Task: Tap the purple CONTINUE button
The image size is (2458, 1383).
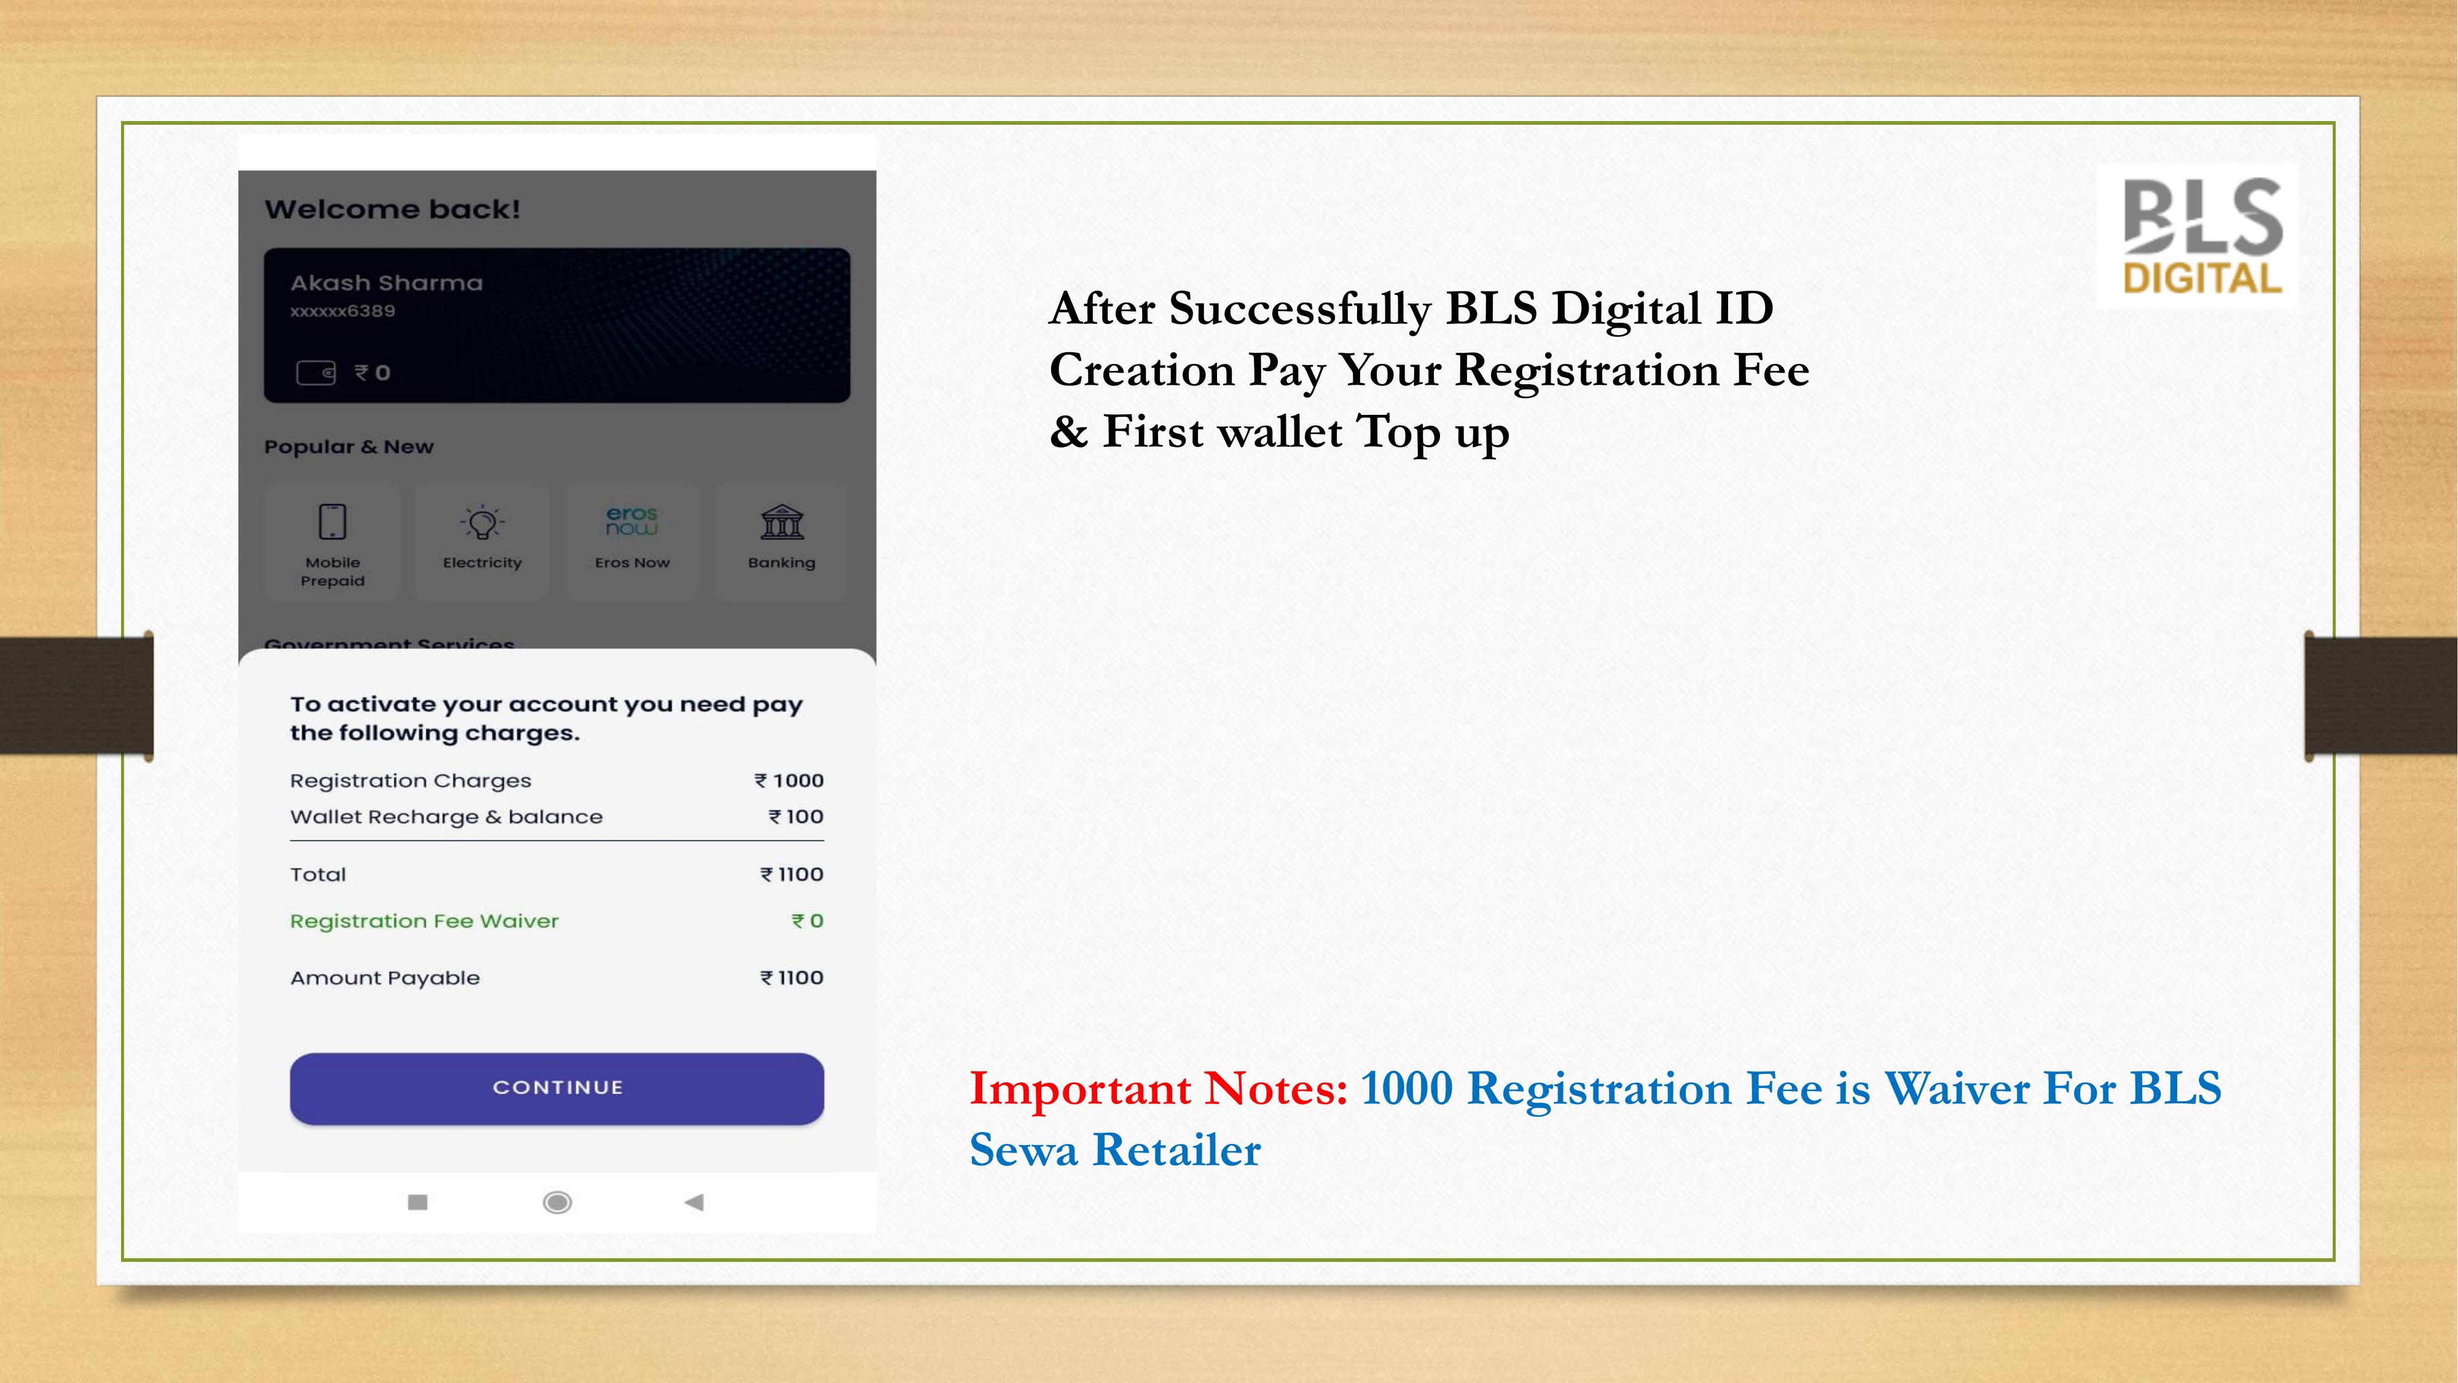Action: (557, 1088)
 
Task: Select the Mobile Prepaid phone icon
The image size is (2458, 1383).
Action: (332, 522)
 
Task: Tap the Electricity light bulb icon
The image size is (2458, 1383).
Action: (482, 522)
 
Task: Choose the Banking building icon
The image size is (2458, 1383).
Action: (781, 522)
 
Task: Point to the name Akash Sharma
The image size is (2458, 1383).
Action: (386, 283)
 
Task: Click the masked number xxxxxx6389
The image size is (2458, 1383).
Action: (343, 311)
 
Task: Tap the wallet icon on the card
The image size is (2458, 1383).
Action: (316, 372)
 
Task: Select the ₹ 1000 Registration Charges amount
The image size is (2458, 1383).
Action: (789, 781)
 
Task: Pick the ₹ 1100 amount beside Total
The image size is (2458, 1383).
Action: (792, 874)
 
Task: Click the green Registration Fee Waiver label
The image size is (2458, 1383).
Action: (425, 921)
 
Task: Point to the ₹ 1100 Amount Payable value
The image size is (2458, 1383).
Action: (792, 977)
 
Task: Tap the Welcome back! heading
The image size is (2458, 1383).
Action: (392, 209)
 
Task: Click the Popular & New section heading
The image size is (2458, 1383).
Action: (348, 447)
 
